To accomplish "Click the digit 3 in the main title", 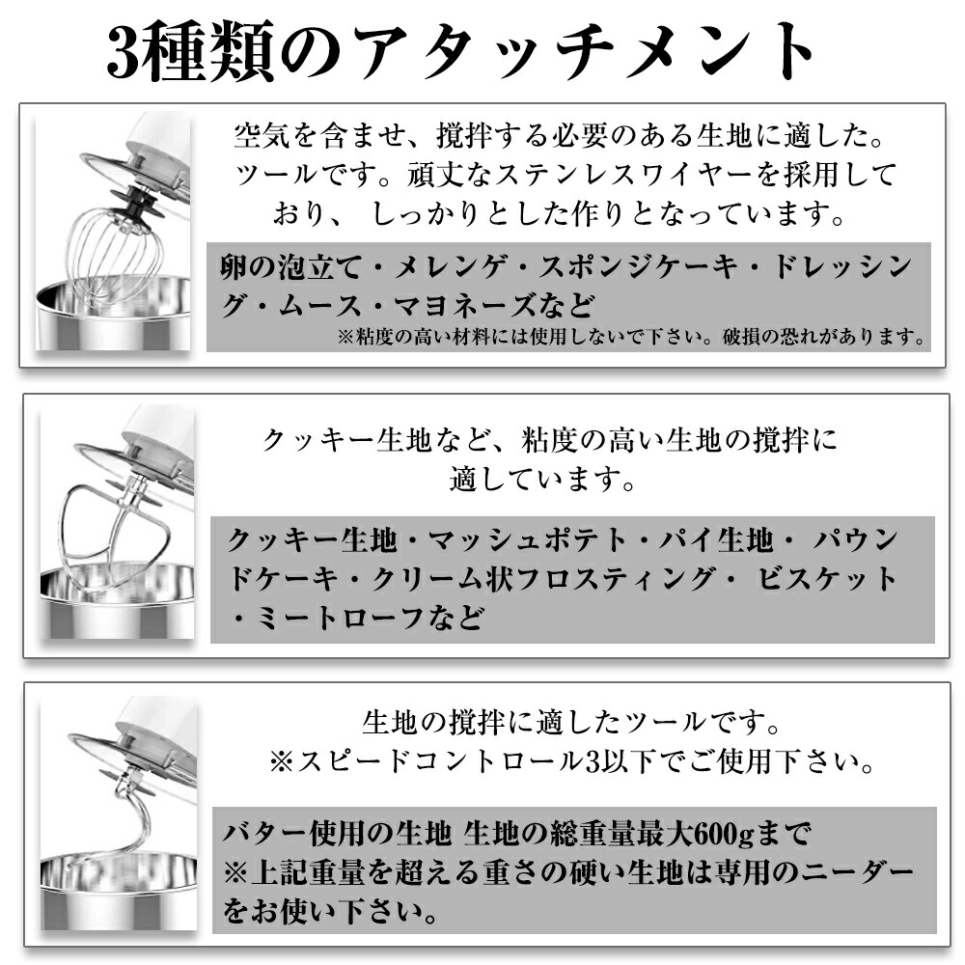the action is click(124, 51).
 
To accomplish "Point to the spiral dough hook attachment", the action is click(117, 818).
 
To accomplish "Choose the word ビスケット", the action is click(826, 578).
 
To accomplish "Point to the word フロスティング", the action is click(616, 578).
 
